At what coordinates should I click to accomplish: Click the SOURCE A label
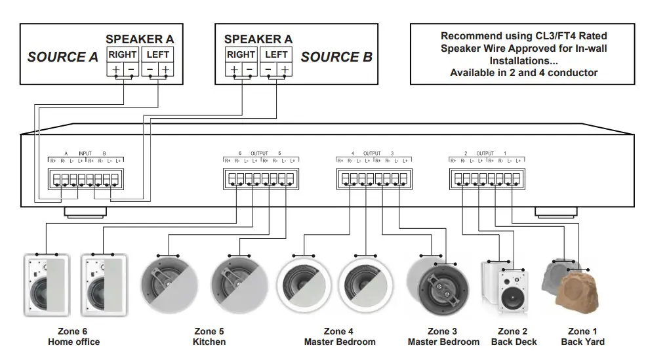pos(62,57)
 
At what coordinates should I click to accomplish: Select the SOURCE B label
pos(336,57)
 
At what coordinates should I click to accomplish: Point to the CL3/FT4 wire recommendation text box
pos(523,54)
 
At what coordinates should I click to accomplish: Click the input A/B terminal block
pos(85,178)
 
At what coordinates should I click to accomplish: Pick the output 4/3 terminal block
pos(373,178)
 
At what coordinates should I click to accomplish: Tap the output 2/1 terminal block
pos(486,178)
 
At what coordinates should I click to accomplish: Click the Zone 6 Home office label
pos(73,336)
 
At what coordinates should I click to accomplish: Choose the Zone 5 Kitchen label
pos(209,336)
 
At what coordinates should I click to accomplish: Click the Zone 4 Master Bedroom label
pos(340,336)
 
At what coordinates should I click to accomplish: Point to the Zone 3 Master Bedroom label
pos(443,336)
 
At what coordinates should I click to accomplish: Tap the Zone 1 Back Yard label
pos(582,336)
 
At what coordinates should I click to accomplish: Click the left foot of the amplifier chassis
pos(85,212)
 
